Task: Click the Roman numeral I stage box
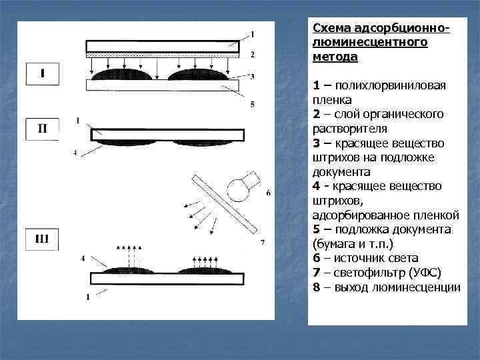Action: pyautogui.click(x=42, y=73)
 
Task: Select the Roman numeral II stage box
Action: pyautogui.click(x=42, y=129)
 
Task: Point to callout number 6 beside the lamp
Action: pyautogui.click(x=268, y=193)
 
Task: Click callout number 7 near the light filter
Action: pyautogui.click(x=263, y=243)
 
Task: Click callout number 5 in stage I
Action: pyautogui.click(x=251, y=104)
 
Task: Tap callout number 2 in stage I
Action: pyautogui.click(x=253, y=54)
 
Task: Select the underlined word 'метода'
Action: pyautogui.click(x=335, y=57)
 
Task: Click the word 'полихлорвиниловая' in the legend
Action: pyautogui.click(x=391, y=85)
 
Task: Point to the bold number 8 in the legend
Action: pyautogui.click(x=316, y=287)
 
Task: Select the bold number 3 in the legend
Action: pyautogui.click(x=316, y=143)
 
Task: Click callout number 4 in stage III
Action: pyautogui.click(x=83, y=257)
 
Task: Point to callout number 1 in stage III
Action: pyautogui.click(x=87, y=295)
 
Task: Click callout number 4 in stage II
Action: pyautogui.click(x=75, y=153)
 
